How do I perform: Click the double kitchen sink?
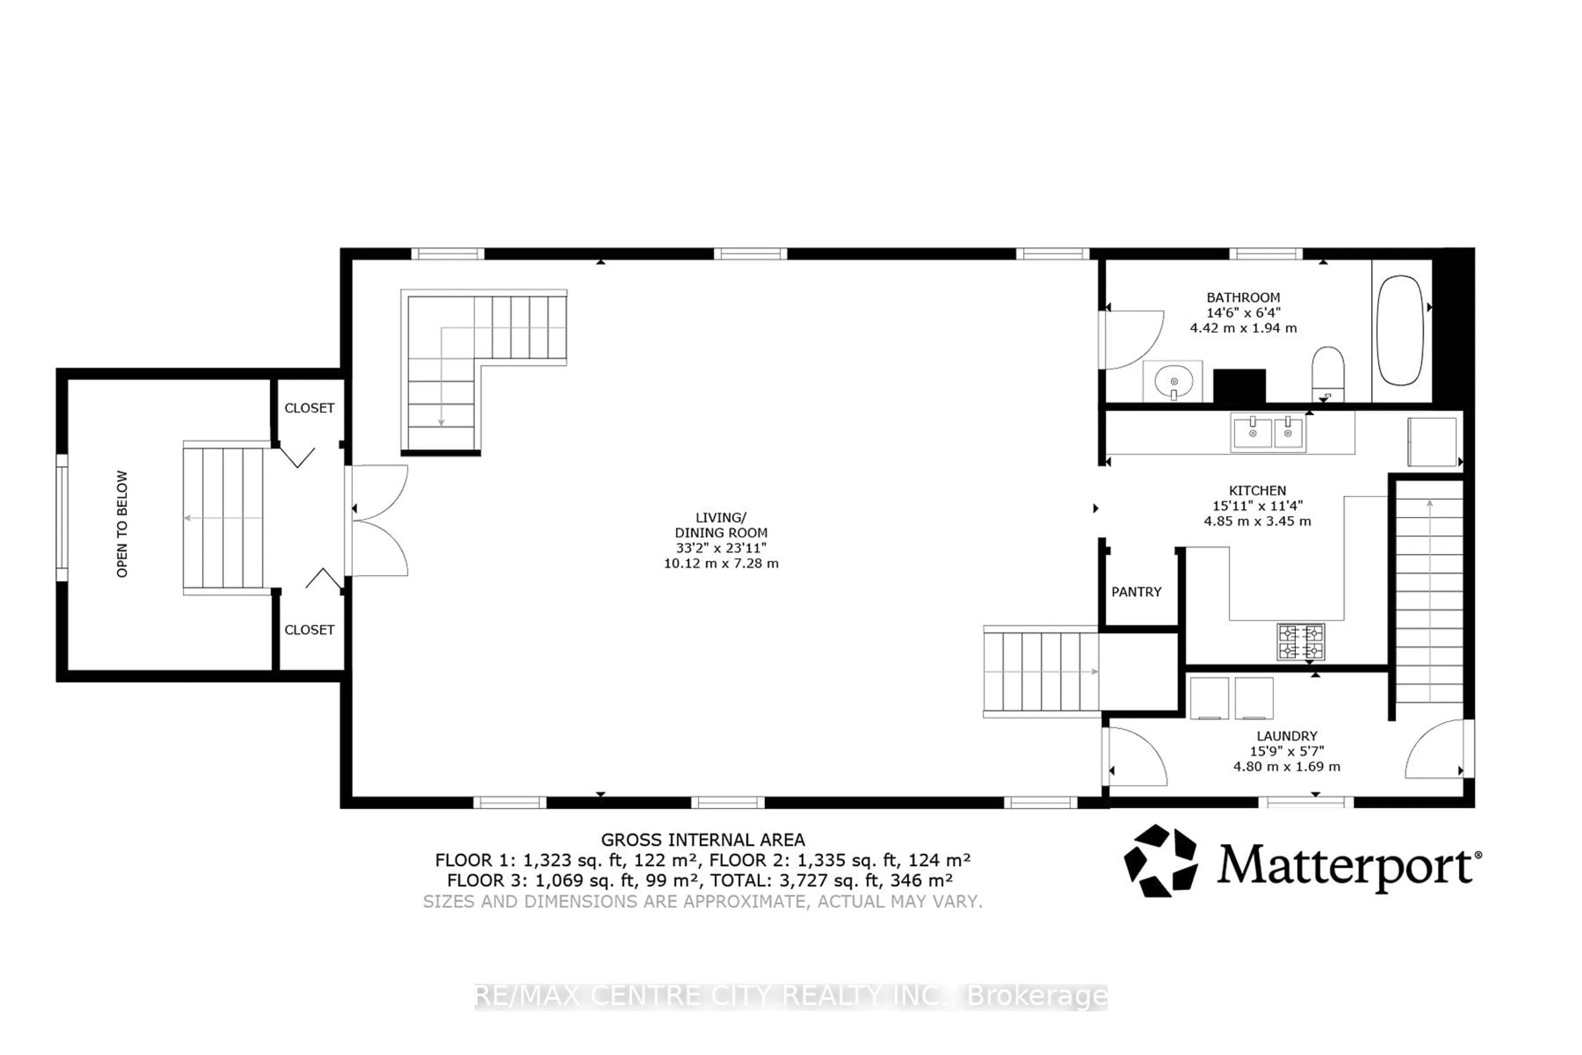(1268, 433)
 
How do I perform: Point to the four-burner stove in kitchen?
(1301, 642)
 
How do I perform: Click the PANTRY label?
(1136, 592)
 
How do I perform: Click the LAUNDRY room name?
(1287, 736)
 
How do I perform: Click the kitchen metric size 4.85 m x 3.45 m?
(1257, 521)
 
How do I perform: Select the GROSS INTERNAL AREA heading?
(702, 840)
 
